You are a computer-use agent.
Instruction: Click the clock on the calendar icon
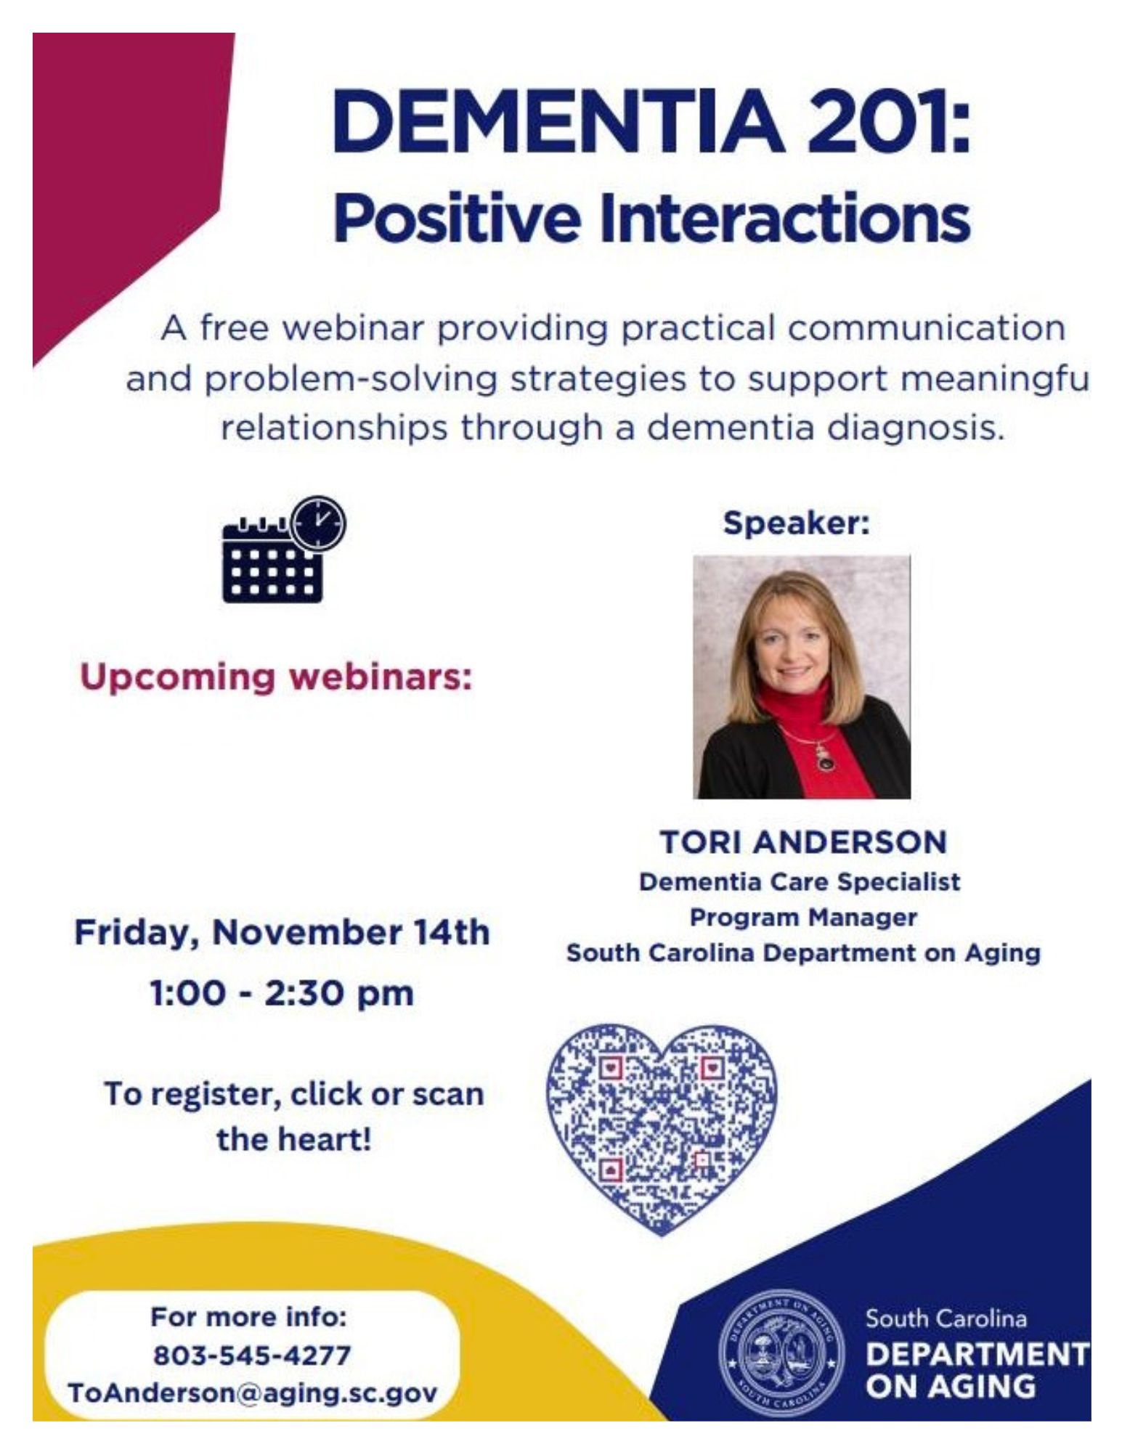tap(318, 522)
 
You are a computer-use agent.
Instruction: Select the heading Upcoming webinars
tap(276, 677)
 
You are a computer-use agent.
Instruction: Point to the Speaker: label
tap(797, 523)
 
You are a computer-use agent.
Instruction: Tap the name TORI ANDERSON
tap(803, 842)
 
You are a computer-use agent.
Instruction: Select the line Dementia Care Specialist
tap(800, 882)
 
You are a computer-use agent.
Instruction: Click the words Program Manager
tap(803, 918)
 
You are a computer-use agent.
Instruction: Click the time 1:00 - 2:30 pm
tap(282, 993)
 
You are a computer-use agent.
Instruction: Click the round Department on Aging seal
tap(781, 1354)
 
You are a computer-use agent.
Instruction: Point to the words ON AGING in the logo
tap(951, 1386)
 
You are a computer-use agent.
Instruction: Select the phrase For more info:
tap(248, 1316)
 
